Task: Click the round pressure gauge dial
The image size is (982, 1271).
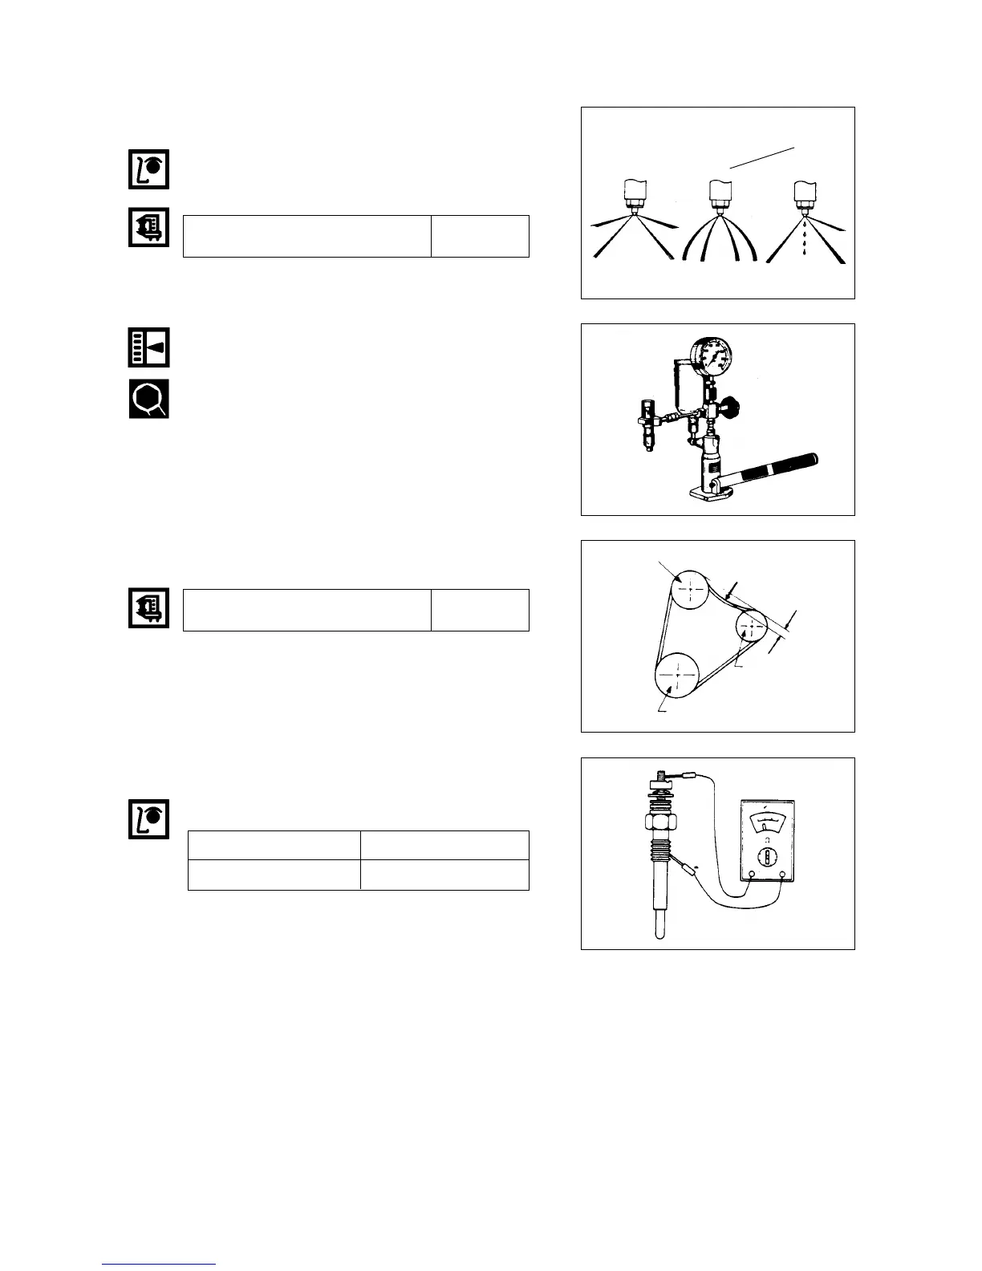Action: (713, 357)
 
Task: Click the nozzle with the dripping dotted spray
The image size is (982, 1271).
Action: (803, 195)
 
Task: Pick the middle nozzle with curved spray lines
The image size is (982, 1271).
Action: (719, 195)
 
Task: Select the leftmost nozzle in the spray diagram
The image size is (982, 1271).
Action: (635, 195)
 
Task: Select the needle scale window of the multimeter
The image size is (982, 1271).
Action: (767, 822)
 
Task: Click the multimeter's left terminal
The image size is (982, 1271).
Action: (751, 875)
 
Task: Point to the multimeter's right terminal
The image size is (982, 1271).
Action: (783, 875)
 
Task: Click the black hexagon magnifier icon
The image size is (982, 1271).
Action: (149, 398)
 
